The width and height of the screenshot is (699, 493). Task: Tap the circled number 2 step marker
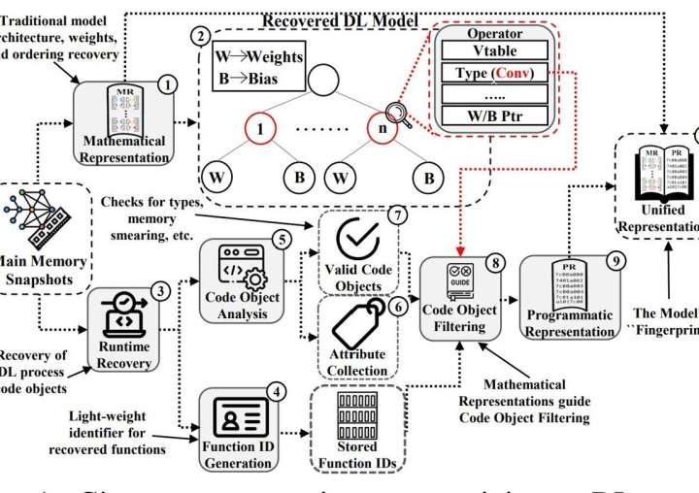200,36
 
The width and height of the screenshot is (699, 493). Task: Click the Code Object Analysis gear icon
234,263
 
